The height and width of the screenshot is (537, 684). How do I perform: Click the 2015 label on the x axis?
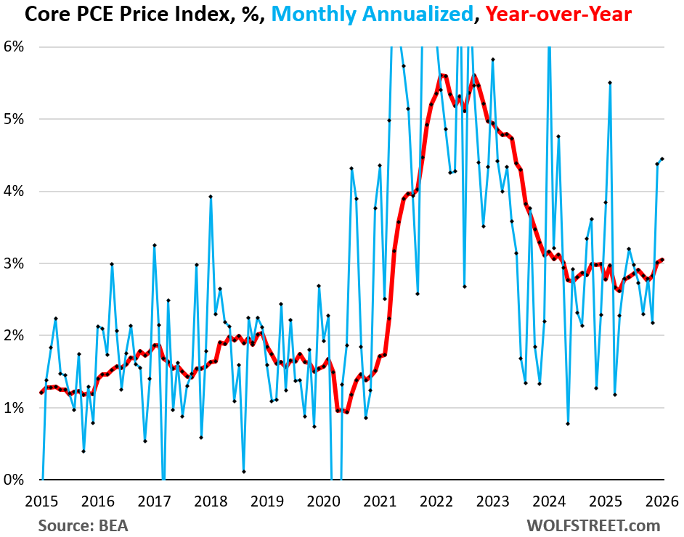[41, 500]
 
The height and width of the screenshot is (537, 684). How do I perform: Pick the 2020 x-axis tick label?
[324, 500]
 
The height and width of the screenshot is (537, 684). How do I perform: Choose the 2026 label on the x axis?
[663, 500]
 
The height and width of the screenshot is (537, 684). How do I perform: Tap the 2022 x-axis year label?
[437, 500]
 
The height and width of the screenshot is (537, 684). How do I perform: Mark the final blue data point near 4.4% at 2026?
[662, 159]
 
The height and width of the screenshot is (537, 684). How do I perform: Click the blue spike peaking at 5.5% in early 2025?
[610, 83]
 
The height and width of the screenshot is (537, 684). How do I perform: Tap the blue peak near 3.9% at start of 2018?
[211, 197]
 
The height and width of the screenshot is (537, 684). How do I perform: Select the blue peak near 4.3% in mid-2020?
[351, 168]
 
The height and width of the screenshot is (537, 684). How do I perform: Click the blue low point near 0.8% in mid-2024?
[568, 424]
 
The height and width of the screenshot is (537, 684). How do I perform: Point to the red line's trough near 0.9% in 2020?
[346, 412]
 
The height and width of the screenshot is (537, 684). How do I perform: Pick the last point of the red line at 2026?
[662, 260]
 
